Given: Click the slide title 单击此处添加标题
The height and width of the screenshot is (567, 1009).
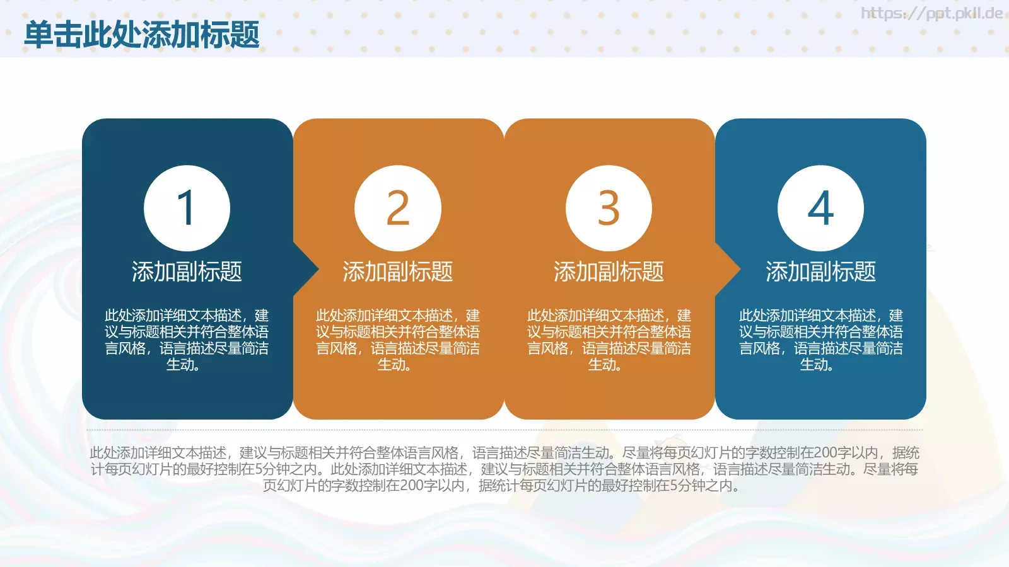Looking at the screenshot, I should click(x=142, y=35).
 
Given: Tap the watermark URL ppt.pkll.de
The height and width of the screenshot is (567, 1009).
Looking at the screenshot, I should click(x=931, y=13).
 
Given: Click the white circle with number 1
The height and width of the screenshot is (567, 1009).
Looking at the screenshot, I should click(x=187, y=208).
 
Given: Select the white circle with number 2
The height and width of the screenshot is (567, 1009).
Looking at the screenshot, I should click(x=398, y=208).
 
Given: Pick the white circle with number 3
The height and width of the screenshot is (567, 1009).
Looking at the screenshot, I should click(x=609, y=208).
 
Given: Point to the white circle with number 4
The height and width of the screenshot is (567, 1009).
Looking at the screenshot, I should click(x=820, y=208).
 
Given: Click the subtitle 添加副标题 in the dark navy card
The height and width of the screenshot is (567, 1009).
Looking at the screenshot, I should click(x=187, y=272).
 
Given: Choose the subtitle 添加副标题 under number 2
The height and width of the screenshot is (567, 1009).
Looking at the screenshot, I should click(x=398, y=272).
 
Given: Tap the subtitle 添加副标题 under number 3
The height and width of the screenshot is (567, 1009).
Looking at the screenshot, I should click(x=609, y=272).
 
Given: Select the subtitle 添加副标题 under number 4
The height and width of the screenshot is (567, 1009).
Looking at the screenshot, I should click(x=820, y=272).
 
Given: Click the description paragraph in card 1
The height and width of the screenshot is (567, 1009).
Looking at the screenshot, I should click(x=187, y=340).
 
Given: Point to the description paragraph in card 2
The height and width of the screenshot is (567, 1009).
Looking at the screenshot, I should click(x=398, y=340).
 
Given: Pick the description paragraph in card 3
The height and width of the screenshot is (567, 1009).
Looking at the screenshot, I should click(x=609, y=340).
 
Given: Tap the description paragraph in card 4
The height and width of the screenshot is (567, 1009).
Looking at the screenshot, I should click(x=820, y=340).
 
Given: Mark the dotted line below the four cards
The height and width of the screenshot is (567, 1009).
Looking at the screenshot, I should click(x=504, y=430).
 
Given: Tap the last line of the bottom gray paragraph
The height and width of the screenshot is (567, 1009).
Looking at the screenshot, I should click(x=501, y=486).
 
